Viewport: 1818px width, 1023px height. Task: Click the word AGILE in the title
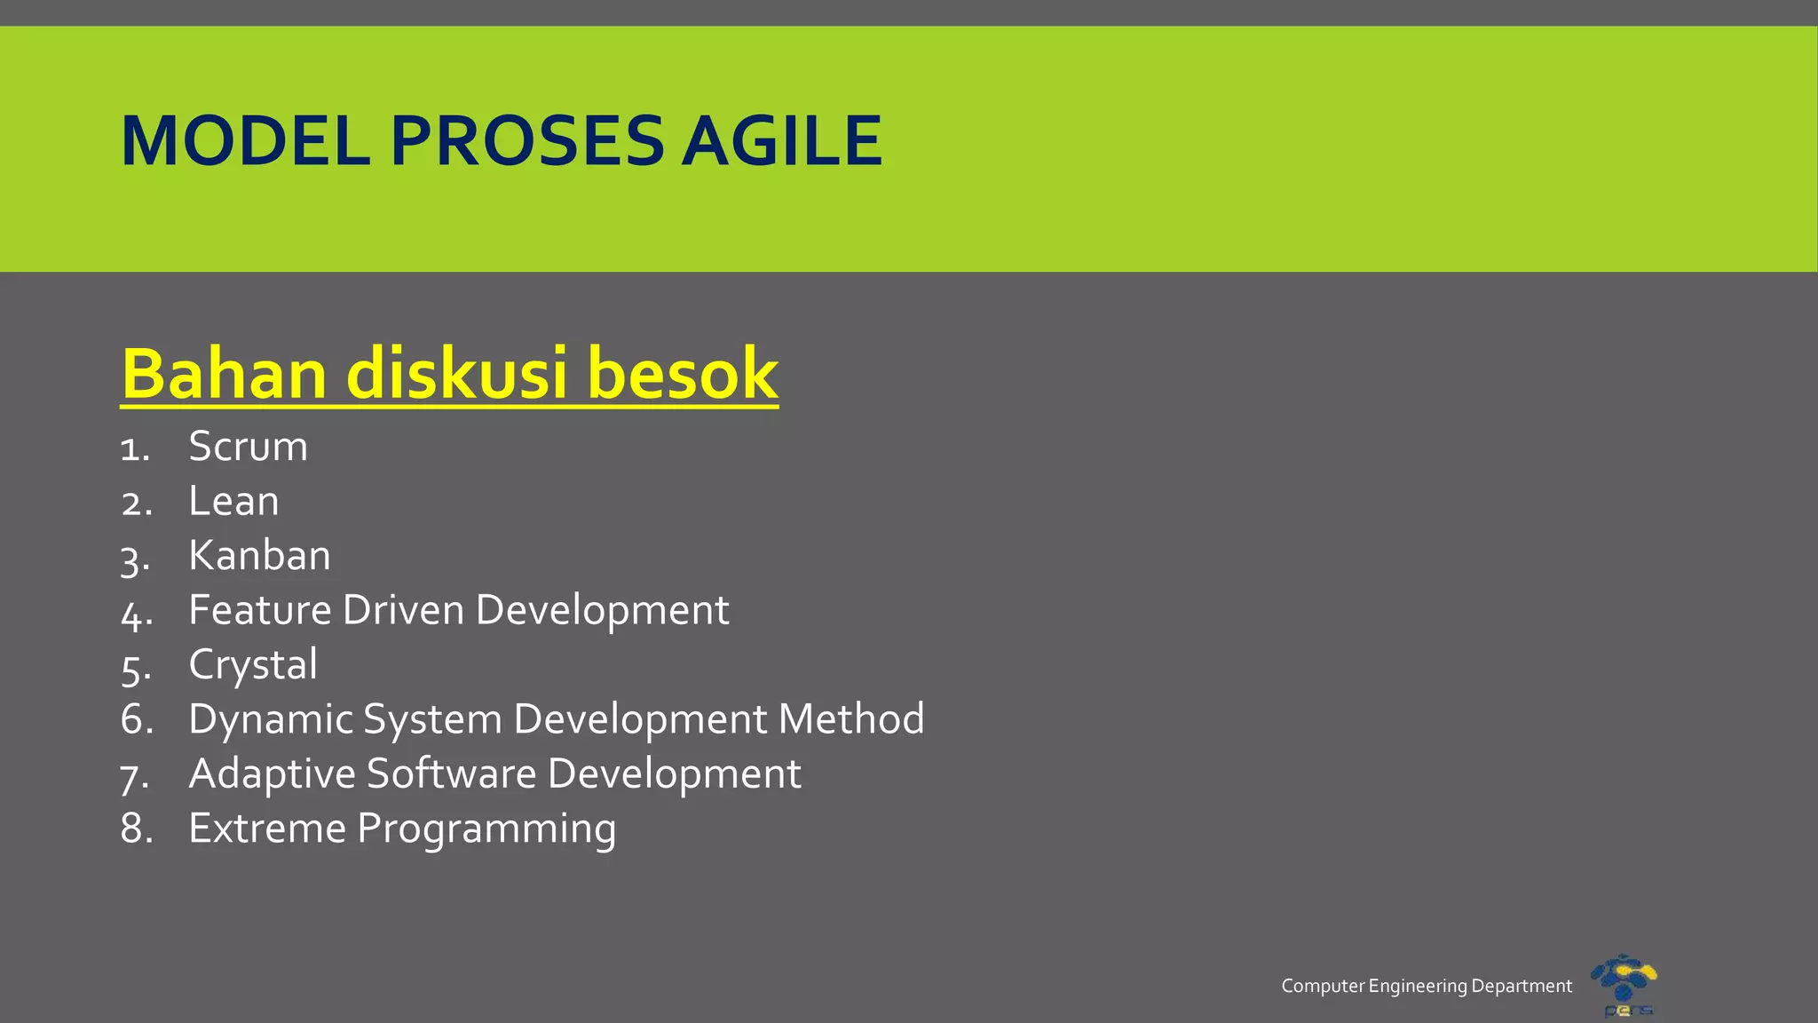click(781, 141)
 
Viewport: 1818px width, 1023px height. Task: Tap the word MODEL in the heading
click(245, 141)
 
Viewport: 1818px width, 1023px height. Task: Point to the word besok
click(683, 374)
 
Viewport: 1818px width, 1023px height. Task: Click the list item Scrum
click(248, 446)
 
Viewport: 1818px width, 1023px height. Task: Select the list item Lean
click(233, 501)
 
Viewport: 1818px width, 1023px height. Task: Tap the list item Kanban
click(259, 556)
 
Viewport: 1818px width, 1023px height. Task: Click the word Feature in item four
click(259, 610)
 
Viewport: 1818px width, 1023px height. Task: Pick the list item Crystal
click(253, 665)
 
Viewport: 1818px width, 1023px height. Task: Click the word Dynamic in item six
click(270, 719)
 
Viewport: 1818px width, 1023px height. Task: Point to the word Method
click(850, 719)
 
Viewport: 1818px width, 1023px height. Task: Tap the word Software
click(451, 773)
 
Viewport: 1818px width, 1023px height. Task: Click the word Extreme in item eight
click(267, 829)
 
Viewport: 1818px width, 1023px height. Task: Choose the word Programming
click(486, 829)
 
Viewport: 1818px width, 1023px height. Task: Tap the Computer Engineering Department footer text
click(1426, 986)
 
